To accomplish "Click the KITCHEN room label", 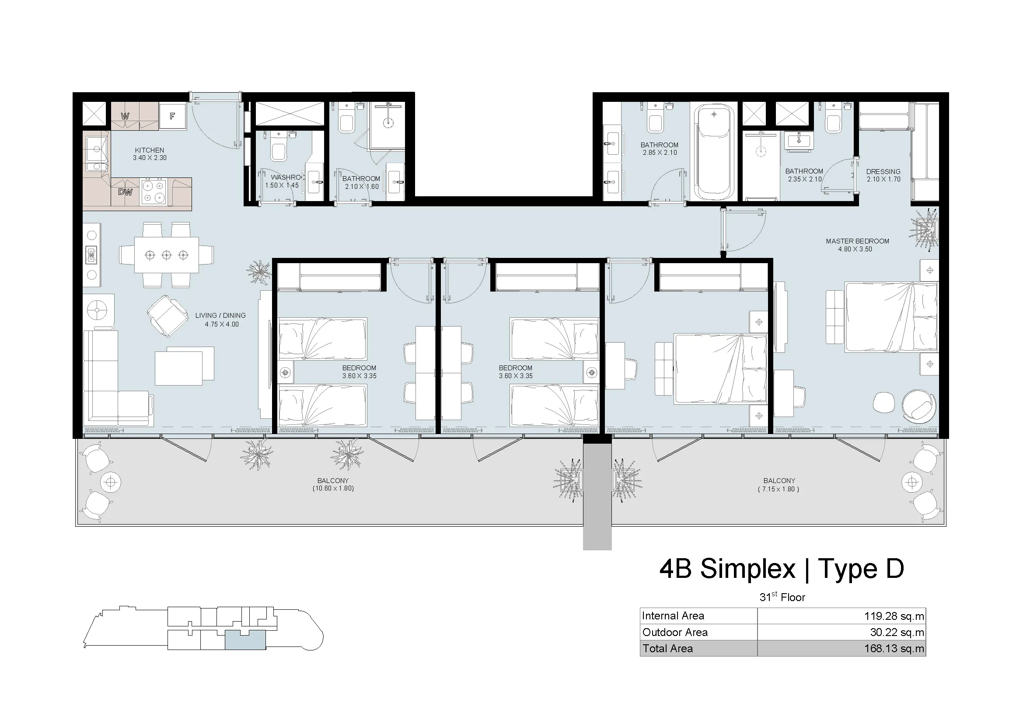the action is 150,150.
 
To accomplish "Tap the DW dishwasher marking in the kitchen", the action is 125,192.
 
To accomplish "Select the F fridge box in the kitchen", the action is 172,116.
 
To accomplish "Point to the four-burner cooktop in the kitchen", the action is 154,192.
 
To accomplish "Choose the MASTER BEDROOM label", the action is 857,241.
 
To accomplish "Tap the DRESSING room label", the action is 883,172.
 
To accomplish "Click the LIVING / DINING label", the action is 220,316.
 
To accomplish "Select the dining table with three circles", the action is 167,255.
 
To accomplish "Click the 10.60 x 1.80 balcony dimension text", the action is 333,488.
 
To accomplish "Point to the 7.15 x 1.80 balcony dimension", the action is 779,489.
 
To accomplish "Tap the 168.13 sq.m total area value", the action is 894,649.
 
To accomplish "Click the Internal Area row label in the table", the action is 673,616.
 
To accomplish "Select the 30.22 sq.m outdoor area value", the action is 897,633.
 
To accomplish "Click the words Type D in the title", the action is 861,569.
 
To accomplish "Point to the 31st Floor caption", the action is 782,597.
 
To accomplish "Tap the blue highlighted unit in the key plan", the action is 245,640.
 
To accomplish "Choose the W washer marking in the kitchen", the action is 125,116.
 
